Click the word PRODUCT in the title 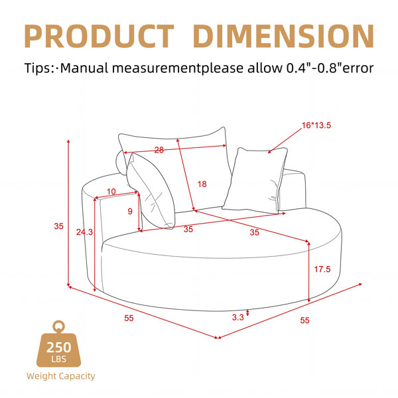click(x=99, y=36)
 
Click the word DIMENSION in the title click(x=283, y=36)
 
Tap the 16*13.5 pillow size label click(x=316, y=125)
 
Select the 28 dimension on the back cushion click(x=159, y=150)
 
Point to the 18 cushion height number click(x=202, y=184)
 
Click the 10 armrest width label click(x=111, y=192)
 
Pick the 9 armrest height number click(x=130, y=211)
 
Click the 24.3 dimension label click(x=84, y=232)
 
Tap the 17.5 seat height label click(x=322, y=269)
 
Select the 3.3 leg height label click(x=238, y=317)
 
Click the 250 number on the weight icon click(x=58, y=347)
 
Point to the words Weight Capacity click(x=60, y=376)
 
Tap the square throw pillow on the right click(x=255, y=180)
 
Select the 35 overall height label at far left click(x=58, y=226)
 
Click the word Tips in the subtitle click(x=37, y=68)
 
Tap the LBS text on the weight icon click(x=58, y=359)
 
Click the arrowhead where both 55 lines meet click(x=218, y=338)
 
